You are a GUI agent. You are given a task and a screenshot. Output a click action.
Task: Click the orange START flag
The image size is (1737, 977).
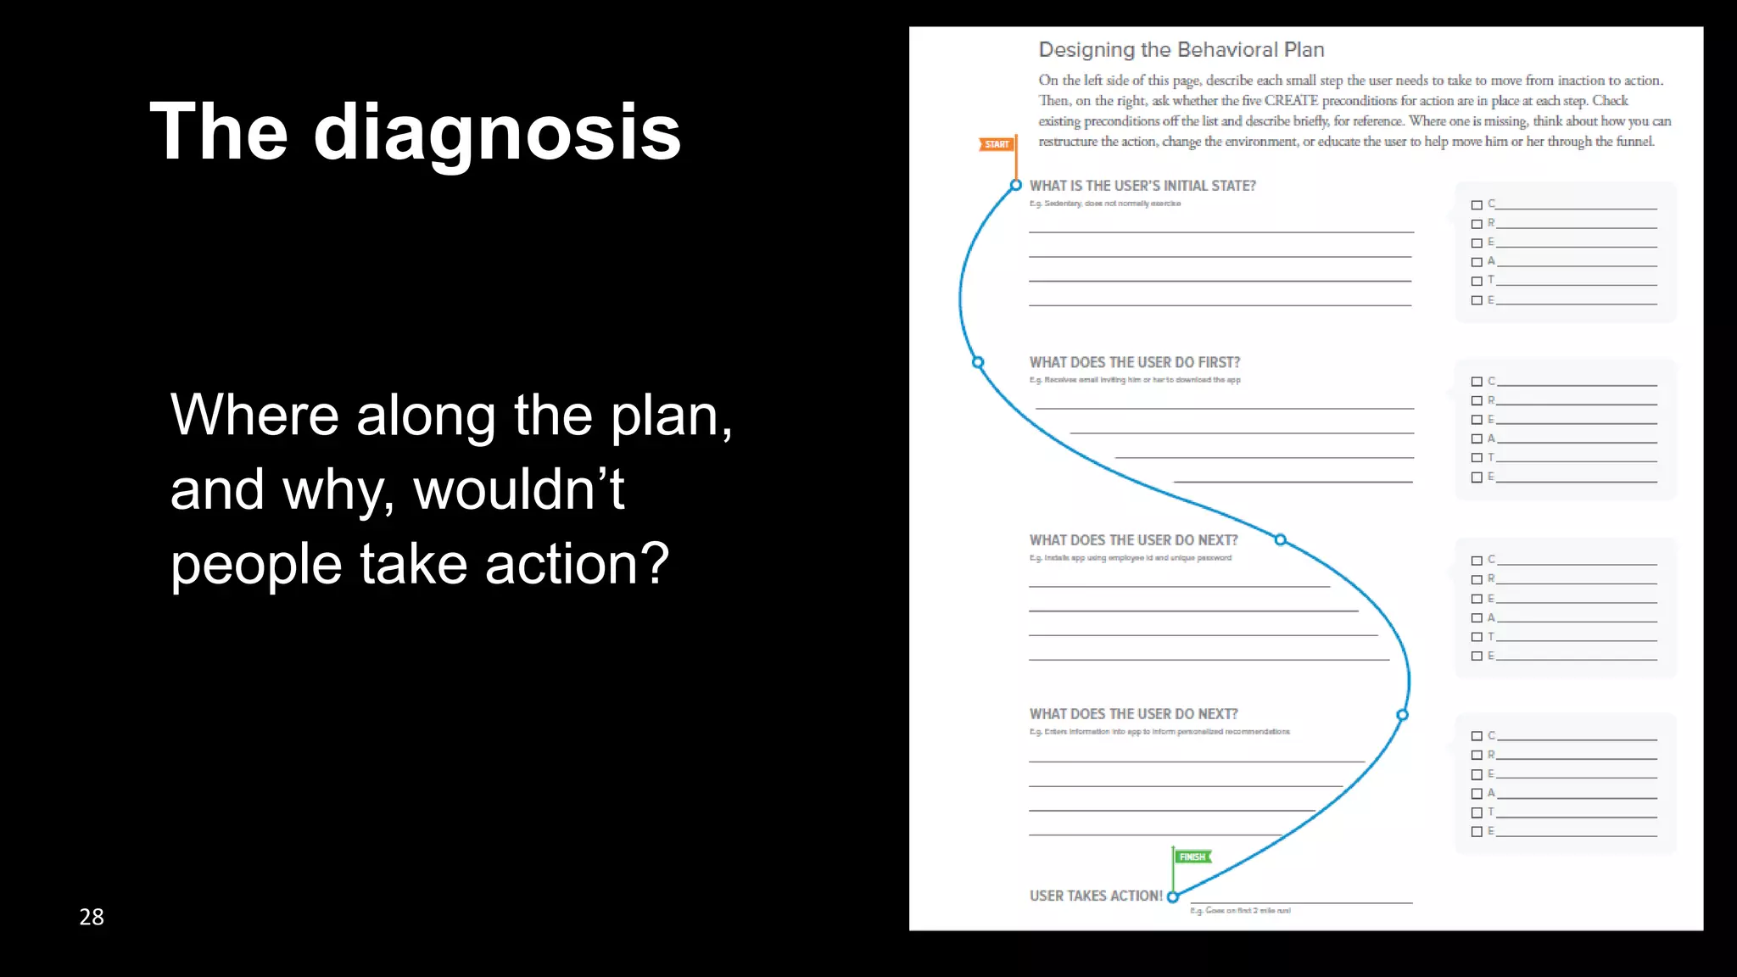997,144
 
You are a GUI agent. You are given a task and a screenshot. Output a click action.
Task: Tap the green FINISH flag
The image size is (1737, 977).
1192,857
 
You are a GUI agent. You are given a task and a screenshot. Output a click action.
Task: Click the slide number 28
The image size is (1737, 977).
92,917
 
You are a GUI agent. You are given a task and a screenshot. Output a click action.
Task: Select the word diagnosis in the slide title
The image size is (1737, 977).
497,132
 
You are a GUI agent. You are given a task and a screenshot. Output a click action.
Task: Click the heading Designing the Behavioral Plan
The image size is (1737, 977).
1181,50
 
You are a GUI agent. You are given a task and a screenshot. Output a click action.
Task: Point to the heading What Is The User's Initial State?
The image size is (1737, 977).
1142,186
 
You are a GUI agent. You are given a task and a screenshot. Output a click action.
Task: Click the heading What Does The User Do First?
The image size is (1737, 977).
1135,362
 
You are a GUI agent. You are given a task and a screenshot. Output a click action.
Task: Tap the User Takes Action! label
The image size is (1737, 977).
1096,896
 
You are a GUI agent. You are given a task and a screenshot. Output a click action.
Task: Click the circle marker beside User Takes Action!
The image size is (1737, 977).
1173,896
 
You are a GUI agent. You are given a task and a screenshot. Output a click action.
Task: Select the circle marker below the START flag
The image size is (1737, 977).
1016,185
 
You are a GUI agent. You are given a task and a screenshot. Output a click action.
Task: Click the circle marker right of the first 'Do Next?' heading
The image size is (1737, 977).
1281,539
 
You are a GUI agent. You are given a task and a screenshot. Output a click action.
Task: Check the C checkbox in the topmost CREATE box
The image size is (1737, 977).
1477,205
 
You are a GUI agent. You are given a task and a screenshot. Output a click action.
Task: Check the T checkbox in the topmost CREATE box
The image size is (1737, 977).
1477,281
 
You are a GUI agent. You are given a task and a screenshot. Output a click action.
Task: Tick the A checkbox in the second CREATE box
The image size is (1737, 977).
1477,439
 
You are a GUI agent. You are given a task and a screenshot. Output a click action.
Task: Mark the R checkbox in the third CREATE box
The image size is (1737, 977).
1477,579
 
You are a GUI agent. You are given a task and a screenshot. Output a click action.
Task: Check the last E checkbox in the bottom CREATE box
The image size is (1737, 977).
1477,832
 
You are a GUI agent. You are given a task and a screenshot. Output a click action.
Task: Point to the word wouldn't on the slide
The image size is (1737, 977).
518,490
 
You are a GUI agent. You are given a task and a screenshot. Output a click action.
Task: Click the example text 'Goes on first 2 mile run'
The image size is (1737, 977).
1240,911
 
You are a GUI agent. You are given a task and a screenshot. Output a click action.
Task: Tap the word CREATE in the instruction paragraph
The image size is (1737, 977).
1291,101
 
